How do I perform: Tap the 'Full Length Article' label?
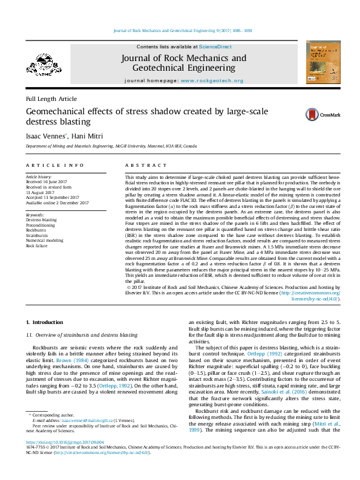tap(51, 99)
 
